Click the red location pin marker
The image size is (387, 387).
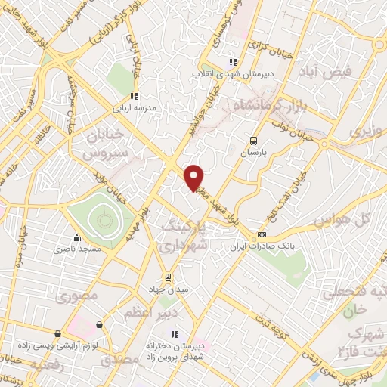pyautogui.click(x=194, y=178)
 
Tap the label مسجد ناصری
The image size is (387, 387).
pyautogui.click(x=73, y=247)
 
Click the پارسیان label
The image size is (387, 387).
pyautogui.click(x=255, y=152)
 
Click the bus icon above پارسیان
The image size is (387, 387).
pyautogui.click(x=254, y=140)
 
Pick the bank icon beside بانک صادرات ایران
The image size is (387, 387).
pyautogui.click(x=263, y=235)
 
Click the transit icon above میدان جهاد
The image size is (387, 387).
pyautogui.click(x=169, y=277)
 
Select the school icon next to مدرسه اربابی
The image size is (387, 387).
pyautogui.click(x=135, y=96)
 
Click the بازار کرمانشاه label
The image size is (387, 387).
pyautogui.click(x=267, y=102)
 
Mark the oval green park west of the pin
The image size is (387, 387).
pyautogui.click(x=102, y=220)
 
